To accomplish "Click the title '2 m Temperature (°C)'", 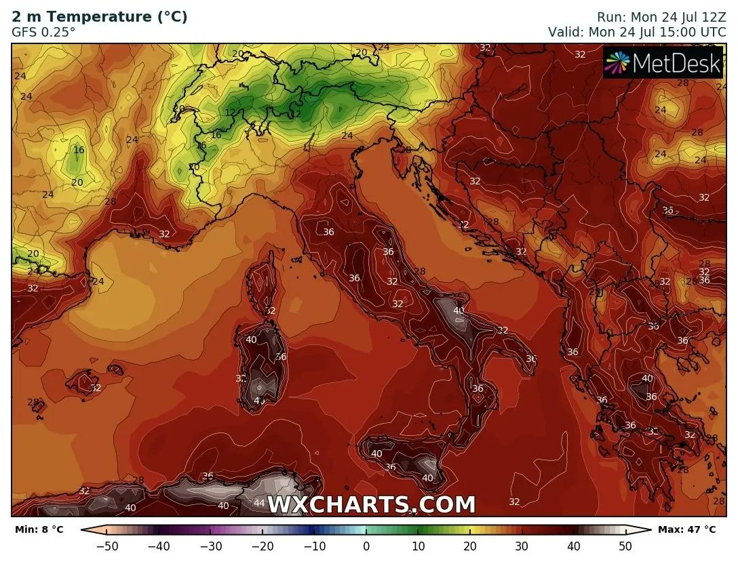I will click(100, 17).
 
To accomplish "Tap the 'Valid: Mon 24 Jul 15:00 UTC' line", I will click(637, 31).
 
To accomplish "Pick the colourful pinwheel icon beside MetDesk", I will click(617, 63).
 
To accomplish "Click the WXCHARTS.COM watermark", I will click(372, 505).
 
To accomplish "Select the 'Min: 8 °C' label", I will click(39, 529).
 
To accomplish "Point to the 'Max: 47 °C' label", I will click(686, 529).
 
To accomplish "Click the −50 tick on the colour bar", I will click(106, 546).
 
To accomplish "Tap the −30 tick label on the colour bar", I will click(210, 546).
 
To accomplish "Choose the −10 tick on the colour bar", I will click(314, 546).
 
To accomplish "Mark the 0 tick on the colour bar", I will click(366, 546).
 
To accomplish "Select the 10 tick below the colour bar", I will click(418, 546).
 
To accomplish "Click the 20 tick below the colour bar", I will click(469, 546).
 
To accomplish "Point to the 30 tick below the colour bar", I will click(522, 546).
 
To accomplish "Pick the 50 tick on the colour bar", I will click(625, 546).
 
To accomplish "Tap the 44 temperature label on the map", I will click(259, 502).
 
